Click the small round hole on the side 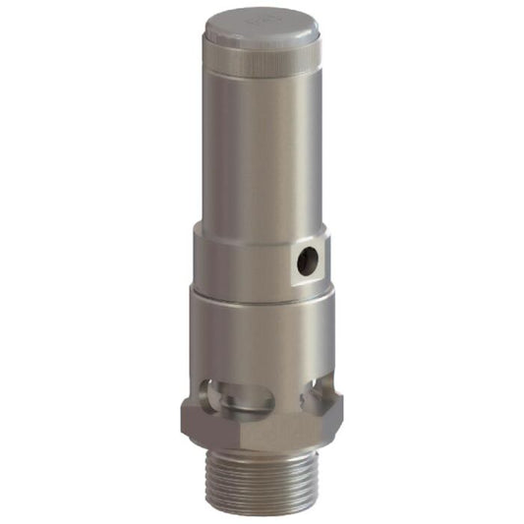click(307, 260)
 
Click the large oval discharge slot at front click(241, 396)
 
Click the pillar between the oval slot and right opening click(291, 393)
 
